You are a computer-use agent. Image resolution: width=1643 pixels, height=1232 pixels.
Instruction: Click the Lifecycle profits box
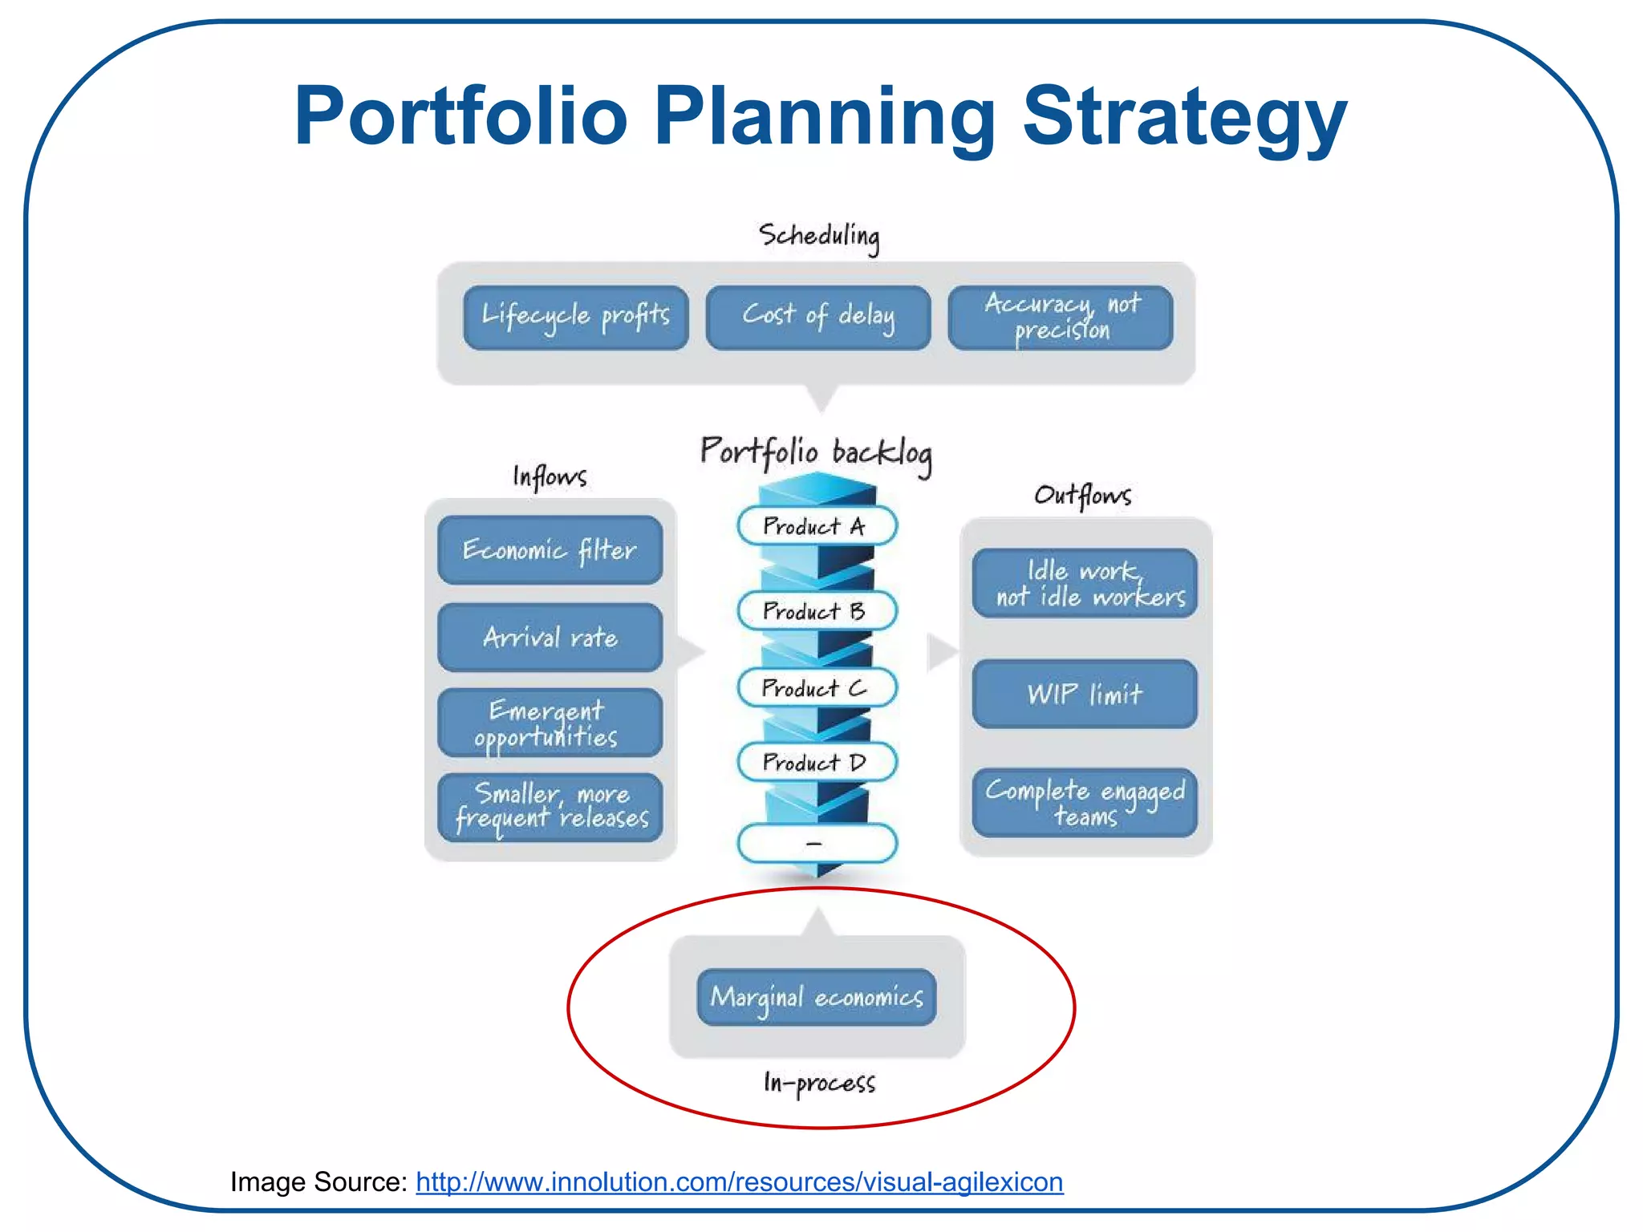tap(575, 317)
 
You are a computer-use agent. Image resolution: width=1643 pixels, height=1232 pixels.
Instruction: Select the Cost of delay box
tap(817, 317)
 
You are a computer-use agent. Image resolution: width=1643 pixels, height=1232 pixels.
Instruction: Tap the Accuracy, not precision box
tap(1060, 317)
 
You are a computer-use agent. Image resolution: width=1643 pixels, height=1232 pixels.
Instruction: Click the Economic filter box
tap(550, 550)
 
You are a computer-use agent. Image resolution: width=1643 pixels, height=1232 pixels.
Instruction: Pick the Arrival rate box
tap(550, 638)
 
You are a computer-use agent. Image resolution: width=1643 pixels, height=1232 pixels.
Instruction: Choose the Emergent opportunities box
tap(550, 723)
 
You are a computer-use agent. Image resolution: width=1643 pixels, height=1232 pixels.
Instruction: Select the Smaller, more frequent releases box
tap(550, 808)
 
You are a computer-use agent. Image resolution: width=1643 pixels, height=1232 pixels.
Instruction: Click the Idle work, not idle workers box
tap(1085, 583)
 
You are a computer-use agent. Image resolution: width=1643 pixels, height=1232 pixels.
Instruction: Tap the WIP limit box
tap(1085, 694)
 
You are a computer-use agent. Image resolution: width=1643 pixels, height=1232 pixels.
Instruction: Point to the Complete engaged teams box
tap(1085, 803)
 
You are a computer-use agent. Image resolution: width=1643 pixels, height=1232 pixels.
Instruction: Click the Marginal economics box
tap(817, 997)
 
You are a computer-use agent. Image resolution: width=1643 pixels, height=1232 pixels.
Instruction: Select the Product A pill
tap(817, 526)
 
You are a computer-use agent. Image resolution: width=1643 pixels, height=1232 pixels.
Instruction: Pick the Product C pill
tap(817, 688)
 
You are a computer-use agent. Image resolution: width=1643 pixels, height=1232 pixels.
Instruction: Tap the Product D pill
tap(817, 762)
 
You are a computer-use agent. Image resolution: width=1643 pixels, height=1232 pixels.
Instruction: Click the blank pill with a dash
tap(817, 843)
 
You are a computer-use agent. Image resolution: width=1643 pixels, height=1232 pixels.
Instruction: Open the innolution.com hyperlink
tap(739, 1182)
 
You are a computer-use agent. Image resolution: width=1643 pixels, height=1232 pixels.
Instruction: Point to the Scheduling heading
tap(819, 237)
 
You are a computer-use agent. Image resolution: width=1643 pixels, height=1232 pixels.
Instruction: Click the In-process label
tap(819, 1083)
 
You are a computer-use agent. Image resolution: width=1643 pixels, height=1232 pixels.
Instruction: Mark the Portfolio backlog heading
tap(816, 453)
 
